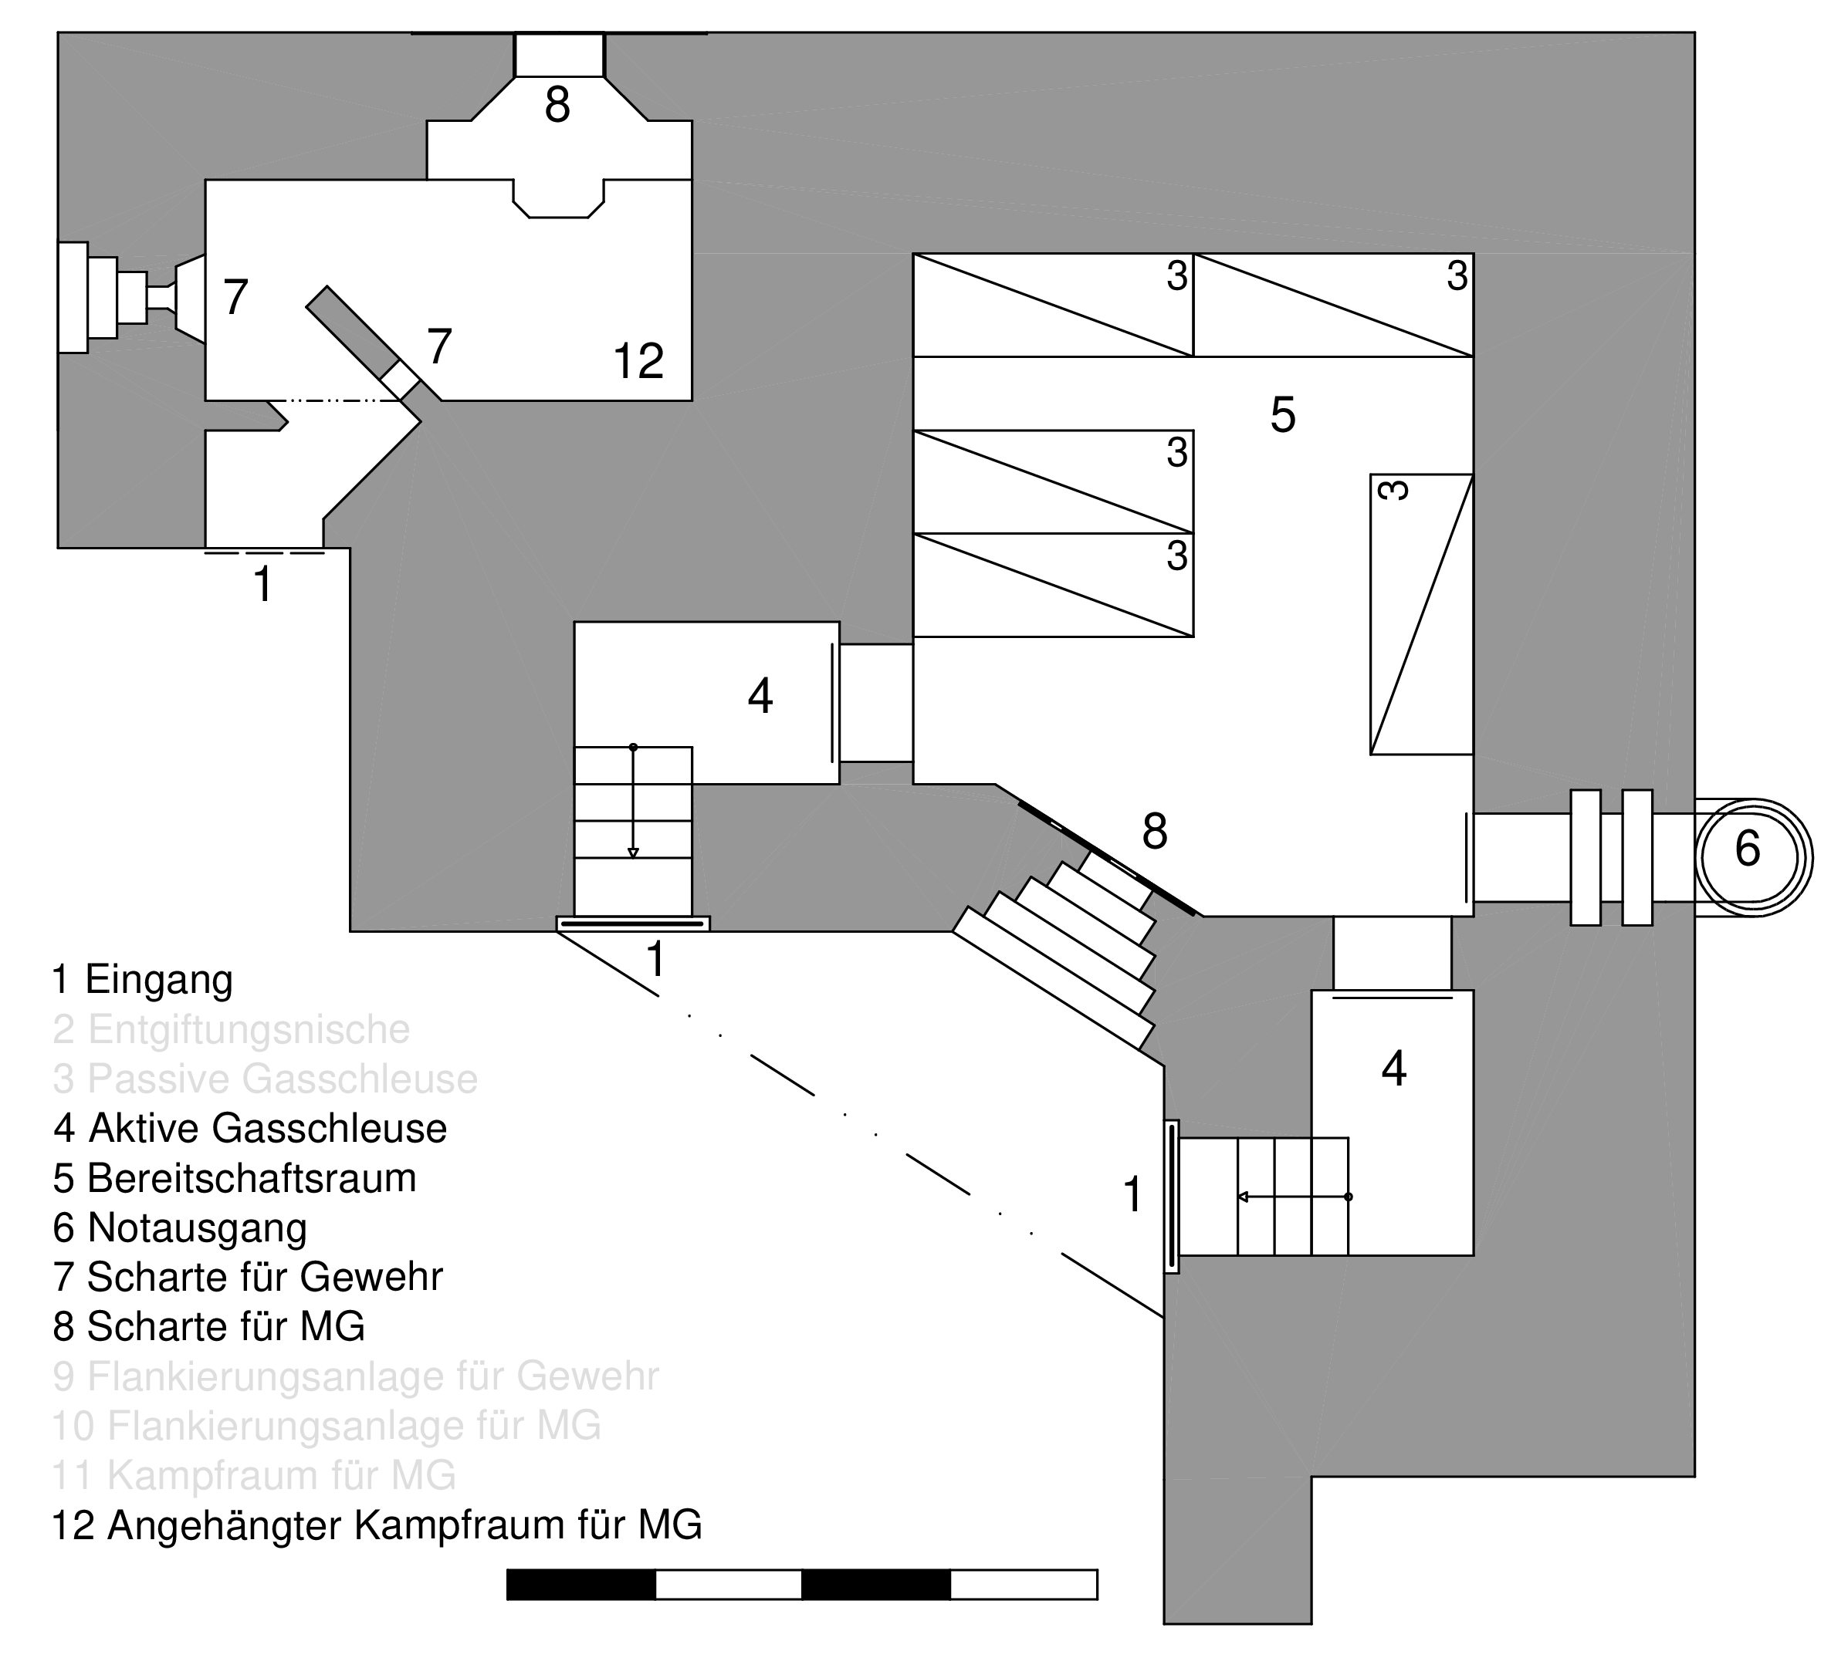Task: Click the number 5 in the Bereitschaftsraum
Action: (x=1281, y=415)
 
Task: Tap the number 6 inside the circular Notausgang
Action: (x=1747, y=849)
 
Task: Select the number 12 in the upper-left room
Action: (x=638, y=361)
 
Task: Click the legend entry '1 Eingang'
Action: (x=143, y=980)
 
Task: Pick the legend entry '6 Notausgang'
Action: (x=180, y=1227)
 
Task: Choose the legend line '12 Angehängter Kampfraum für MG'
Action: (x=377, y=1525)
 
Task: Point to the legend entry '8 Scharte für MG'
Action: (x=209, y=1326)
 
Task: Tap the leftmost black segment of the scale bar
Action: (x=580, y=1585)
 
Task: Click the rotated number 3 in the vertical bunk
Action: (x=1393, y=491)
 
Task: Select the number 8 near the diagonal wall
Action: (x=1153, y=831)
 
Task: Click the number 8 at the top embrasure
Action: (x=557, y=106)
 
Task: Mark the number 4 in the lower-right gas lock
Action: (x=1393, y=1069)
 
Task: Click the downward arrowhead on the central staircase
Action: (x=633, y=853)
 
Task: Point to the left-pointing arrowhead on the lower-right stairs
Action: (x=1244, y=1197)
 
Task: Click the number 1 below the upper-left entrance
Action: (x=262, y=584)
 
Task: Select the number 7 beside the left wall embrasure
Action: (x=235, y=297)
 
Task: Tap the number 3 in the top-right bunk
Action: (x=1457, y=276)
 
